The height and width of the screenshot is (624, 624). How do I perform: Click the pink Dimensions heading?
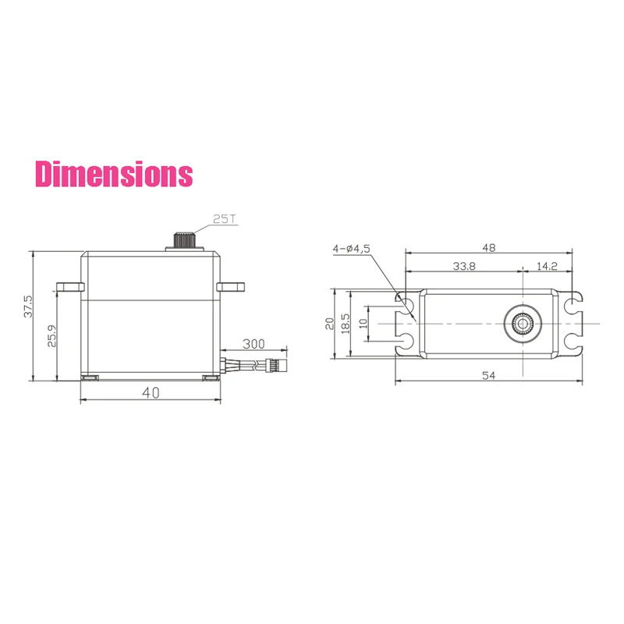114,174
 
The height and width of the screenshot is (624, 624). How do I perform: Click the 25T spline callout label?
225,219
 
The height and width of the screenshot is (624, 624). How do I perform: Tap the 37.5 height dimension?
28,306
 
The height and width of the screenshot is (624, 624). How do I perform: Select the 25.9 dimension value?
51,336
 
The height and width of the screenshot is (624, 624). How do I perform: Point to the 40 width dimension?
151,393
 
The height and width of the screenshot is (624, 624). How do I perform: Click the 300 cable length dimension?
253,344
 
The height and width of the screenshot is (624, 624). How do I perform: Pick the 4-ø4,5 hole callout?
352,249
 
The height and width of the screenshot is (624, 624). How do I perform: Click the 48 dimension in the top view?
489,248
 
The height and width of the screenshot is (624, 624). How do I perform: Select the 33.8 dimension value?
464,266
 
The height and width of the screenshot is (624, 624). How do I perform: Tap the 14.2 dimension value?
547,266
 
